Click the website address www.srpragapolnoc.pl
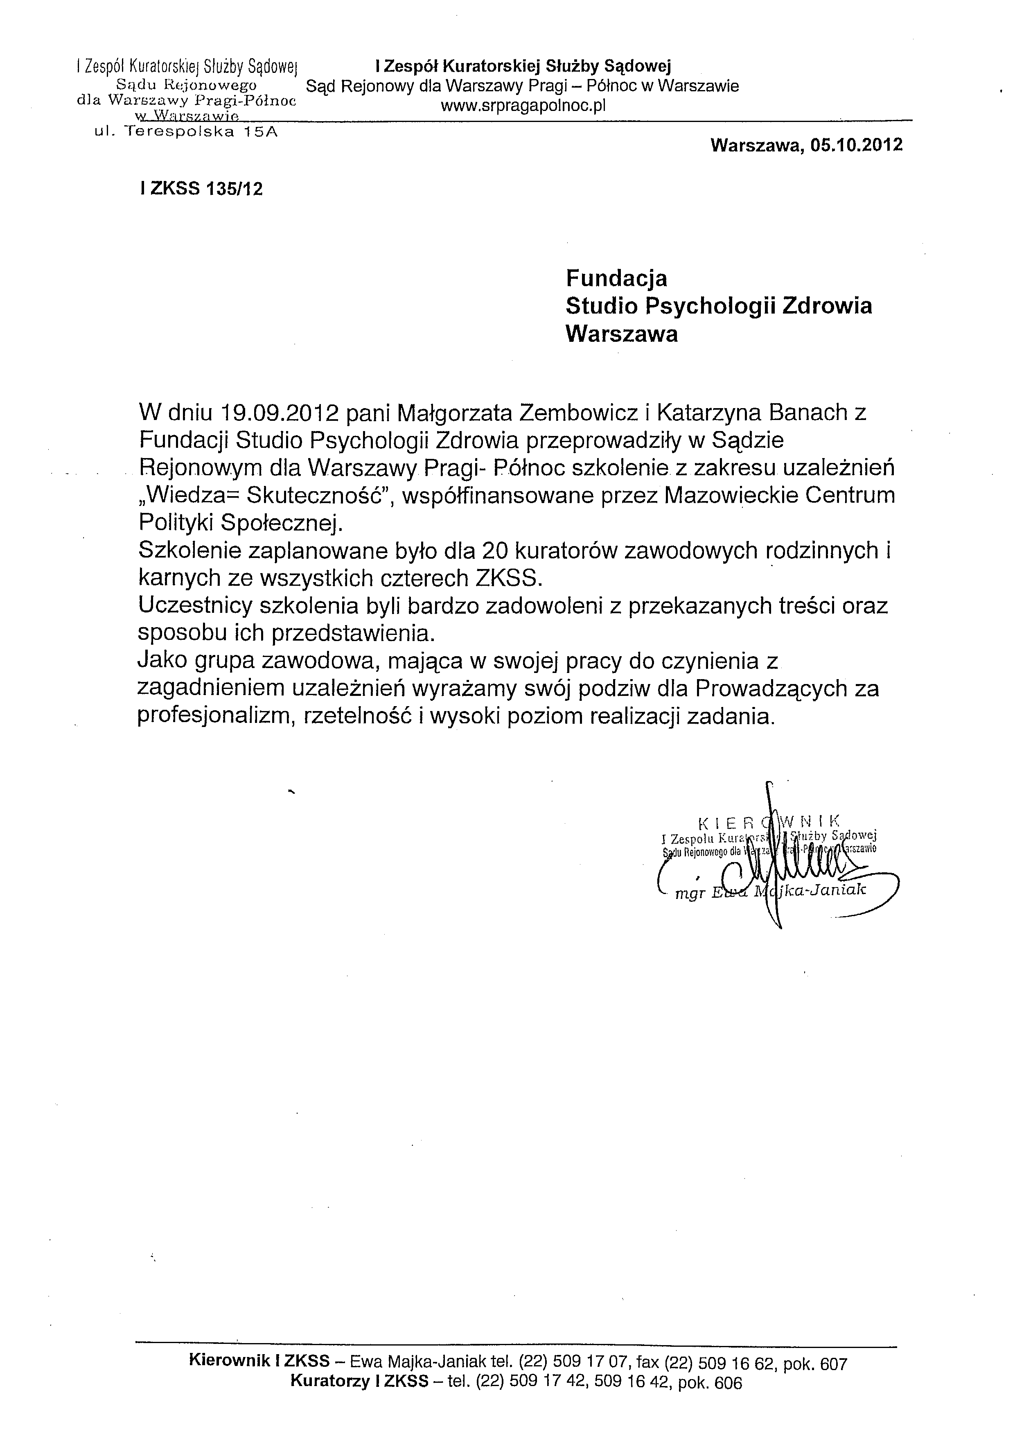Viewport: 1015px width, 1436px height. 523,106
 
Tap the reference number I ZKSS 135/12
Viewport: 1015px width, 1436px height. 201,189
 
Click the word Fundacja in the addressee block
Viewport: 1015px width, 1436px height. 616,278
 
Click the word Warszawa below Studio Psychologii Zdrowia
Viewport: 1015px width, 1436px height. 621,334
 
